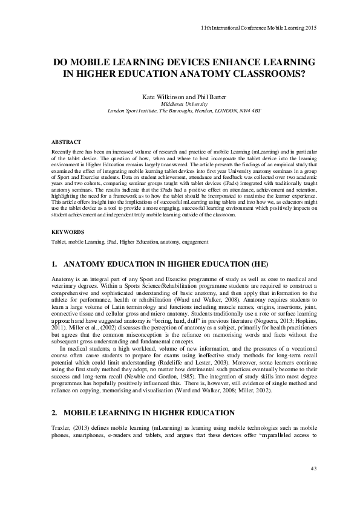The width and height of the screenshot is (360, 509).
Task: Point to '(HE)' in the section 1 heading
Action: click(x=249, y=265)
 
